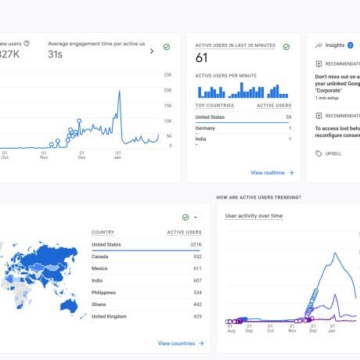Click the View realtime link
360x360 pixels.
(268, 172)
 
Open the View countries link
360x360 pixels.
(177, 343)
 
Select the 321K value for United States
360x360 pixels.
(193, 244)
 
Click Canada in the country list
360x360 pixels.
(99, 256)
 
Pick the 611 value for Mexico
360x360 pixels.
(196, 268)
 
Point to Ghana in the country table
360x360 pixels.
(99, 304)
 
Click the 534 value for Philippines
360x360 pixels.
(196, 292)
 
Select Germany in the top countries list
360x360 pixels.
(206, 128)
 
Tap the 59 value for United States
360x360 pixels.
(288, 117)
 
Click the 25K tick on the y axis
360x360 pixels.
(168, 74)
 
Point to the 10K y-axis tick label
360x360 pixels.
(168, 121)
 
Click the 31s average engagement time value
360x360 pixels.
(55, 55)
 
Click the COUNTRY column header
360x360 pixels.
(103, 232)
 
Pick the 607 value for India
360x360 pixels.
(196, 280)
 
